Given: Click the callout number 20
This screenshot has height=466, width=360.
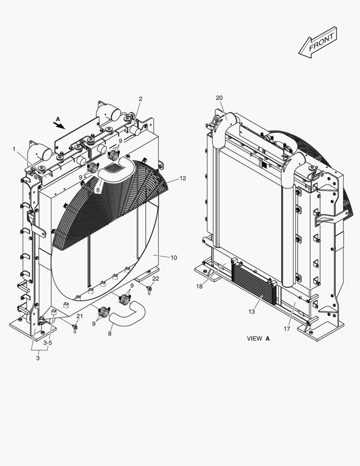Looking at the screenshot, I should (219, 98).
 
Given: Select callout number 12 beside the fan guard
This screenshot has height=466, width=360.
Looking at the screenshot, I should (183, 178).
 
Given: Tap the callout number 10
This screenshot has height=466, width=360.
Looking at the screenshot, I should (173, 258).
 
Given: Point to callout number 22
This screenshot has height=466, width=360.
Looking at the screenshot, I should (156, 278).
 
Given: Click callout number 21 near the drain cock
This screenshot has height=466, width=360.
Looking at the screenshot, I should (79, 316).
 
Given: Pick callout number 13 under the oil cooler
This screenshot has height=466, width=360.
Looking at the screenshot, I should (252, 312).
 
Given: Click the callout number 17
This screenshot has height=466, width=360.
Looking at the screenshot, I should (287, 328).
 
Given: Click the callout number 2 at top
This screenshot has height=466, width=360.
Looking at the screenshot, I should (140, 99).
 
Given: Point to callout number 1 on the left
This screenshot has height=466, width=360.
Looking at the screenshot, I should (14, 149).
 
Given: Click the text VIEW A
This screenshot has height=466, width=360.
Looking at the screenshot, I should (258, 339).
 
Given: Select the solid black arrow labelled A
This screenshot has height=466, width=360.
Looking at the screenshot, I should (59, 125).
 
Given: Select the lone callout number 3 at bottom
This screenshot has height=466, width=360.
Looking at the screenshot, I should (38, 358).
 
